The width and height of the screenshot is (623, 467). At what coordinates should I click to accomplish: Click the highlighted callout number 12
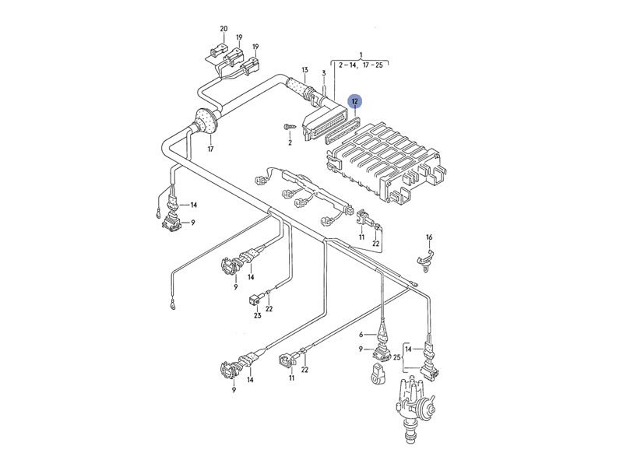354,101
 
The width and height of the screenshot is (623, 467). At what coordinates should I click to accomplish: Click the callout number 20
224,29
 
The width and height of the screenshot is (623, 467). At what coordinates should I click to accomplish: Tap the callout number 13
305,70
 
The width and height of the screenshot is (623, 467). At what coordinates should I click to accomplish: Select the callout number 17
210,148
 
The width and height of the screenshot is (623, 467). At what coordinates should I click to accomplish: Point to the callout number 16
428,237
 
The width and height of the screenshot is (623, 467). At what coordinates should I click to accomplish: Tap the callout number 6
361,335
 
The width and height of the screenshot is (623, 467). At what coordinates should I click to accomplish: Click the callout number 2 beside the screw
289,143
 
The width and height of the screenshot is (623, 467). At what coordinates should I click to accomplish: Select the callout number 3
323,73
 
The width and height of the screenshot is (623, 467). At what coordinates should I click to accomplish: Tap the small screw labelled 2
289,126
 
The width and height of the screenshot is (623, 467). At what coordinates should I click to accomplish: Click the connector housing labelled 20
212,52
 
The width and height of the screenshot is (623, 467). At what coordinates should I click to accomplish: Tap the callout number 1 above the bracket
361,54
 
